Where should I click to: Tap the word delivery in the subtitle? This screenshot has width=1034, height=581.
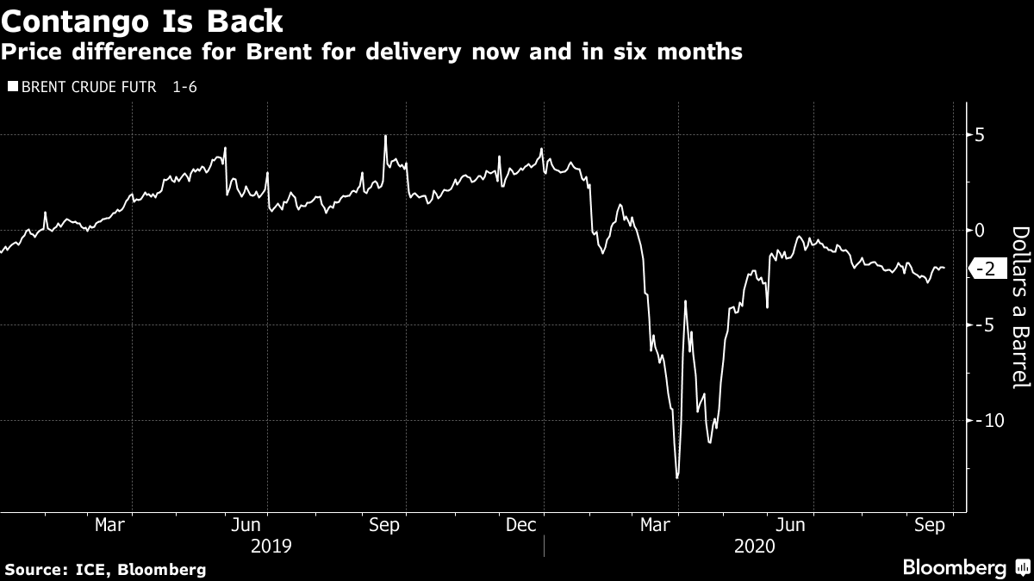[453, 53]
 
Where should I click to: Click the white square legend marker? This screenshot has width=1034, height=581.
[11, 87]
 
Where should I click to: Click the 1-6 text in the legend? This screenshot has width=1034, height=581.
[184, 87]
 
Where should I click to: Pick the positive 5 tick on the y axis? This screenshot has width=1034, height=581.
[979, 135]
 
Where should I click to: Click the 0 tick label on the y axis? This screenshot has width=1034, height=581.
[979, 231]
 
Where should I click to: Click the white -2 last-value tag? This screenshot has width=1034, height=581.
[987, 269]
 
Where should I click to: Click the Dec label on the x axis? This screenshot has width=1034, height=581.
[521, 525]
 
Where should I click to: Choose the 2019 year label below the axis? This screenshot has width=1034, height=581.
[271, 546]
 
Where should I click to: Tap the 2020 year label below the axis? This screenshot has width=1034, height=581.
[755, 546]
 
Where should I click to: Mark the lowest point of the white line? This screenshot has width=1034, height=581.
[677, 478]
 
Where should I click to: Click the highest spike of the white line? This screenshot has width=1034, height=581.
[385, 136]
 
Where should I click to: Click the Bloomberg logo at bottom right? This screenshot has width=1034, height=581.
[965, 567]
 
